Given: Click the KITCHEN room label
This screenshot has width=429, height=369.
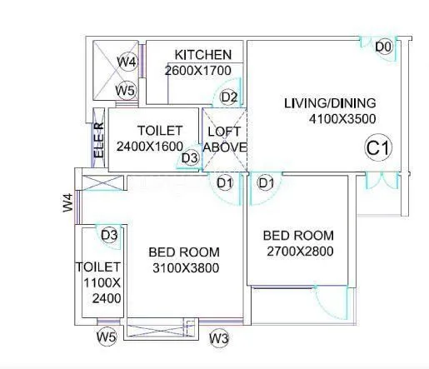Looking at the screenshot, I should coord(202,55).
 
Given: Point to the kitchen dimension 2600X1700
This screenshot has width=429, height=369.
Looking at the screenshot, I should coord(197,71).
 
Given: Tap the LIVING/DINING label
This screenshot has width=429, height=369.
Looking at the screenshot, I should coord(330,103).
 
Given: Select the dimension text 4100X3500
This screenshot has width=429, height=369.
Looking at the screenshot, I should coord(342,120).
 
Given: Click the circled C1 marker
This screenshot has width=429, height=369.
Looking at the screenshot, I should coord(378,149).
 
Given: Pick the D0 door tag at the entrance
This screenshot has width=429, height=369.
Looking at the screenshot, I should coord(383,47).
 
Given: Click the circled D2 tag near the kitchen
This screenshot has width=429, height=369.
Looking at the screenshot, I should coord(229,97).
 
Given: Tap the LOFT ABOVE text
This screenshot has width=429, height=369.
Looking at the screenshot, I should coord(225,140).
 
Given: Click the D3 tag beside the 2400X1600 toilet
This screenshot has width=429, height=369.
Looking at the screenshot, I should coord(190,157).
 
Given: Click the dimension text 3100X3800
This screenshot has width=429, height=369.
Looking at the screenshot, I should coord(183,268).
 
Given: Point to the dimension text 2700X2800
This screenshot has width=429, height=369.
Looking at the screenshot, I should coord(300,252).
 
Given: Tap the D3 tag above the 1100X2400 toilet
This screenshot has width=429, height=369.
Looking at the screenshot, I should coord(109,236).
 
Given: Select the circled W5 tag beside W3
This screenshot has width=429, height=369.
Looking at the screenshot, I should coord(106,337).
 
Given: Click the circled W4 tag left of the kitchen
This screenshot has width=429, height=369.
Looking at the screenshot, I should coord(127,62).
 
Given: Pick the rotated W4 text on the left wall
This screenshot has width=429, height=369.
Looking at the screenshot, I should coord(68,202).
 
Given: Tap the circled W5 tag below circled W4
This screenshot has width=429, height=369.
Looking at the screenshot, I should coord(126,90).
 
